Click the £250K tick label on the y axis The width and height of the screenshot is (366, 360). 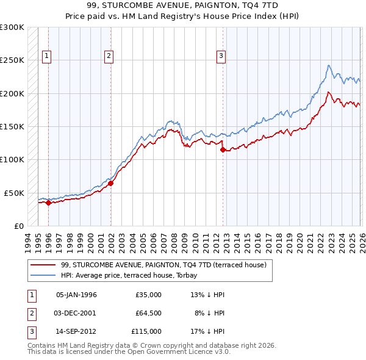click(12, 60)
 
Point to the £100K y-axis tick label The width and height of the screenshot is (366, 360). click(12, 160)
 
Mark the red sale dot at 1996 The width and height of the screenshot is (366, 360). click(48, 203)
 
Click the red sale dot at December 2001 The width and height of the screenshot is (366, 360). click(110, 183)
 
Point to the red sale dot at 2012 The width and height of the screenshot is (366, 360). click(223, 149)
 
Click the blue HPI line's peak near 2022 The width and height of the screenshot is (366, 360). click(329, 65)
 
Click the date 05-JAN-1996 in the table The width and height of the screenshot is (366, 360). click(76, 295)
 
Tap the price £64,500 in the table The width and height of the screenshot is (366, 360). click(148, 313)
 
